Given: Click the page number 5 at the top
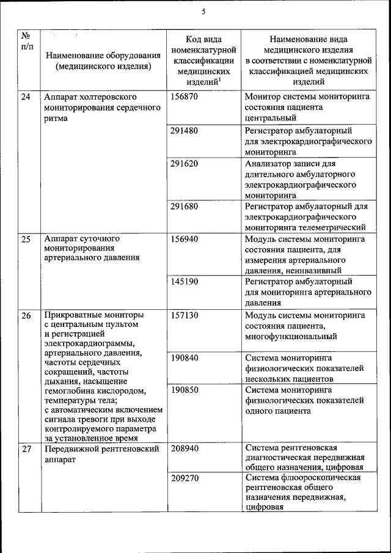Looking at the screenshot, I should pos(203,12).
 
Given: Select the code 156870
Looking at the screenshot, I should pos(185,97).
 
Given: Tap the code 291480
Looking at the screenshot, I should pos(185,131).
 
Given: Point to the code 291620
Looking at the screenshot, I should pos(185,164).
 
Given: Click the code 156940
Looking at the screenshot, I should pos(185,239).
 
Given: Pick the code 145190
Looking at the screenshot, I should pos(185,282).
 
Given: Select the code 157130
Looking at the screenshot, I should pos(185,315).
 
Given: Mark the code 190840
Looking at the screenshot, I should pos(185,357).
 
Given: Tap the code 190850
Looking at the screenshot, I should pos(185,389).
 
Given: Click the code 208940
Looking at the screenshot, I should pos(185,448).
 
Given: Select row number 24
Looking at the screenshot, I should pos(26,97).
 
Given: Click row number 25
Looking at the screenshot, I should pos(26,239).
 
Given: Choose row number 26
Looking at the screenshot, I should pos(26,316).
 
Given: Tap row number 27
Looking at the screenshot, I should pos(26,449).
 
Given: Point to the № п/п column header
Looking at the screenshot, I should pos(26,41).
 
